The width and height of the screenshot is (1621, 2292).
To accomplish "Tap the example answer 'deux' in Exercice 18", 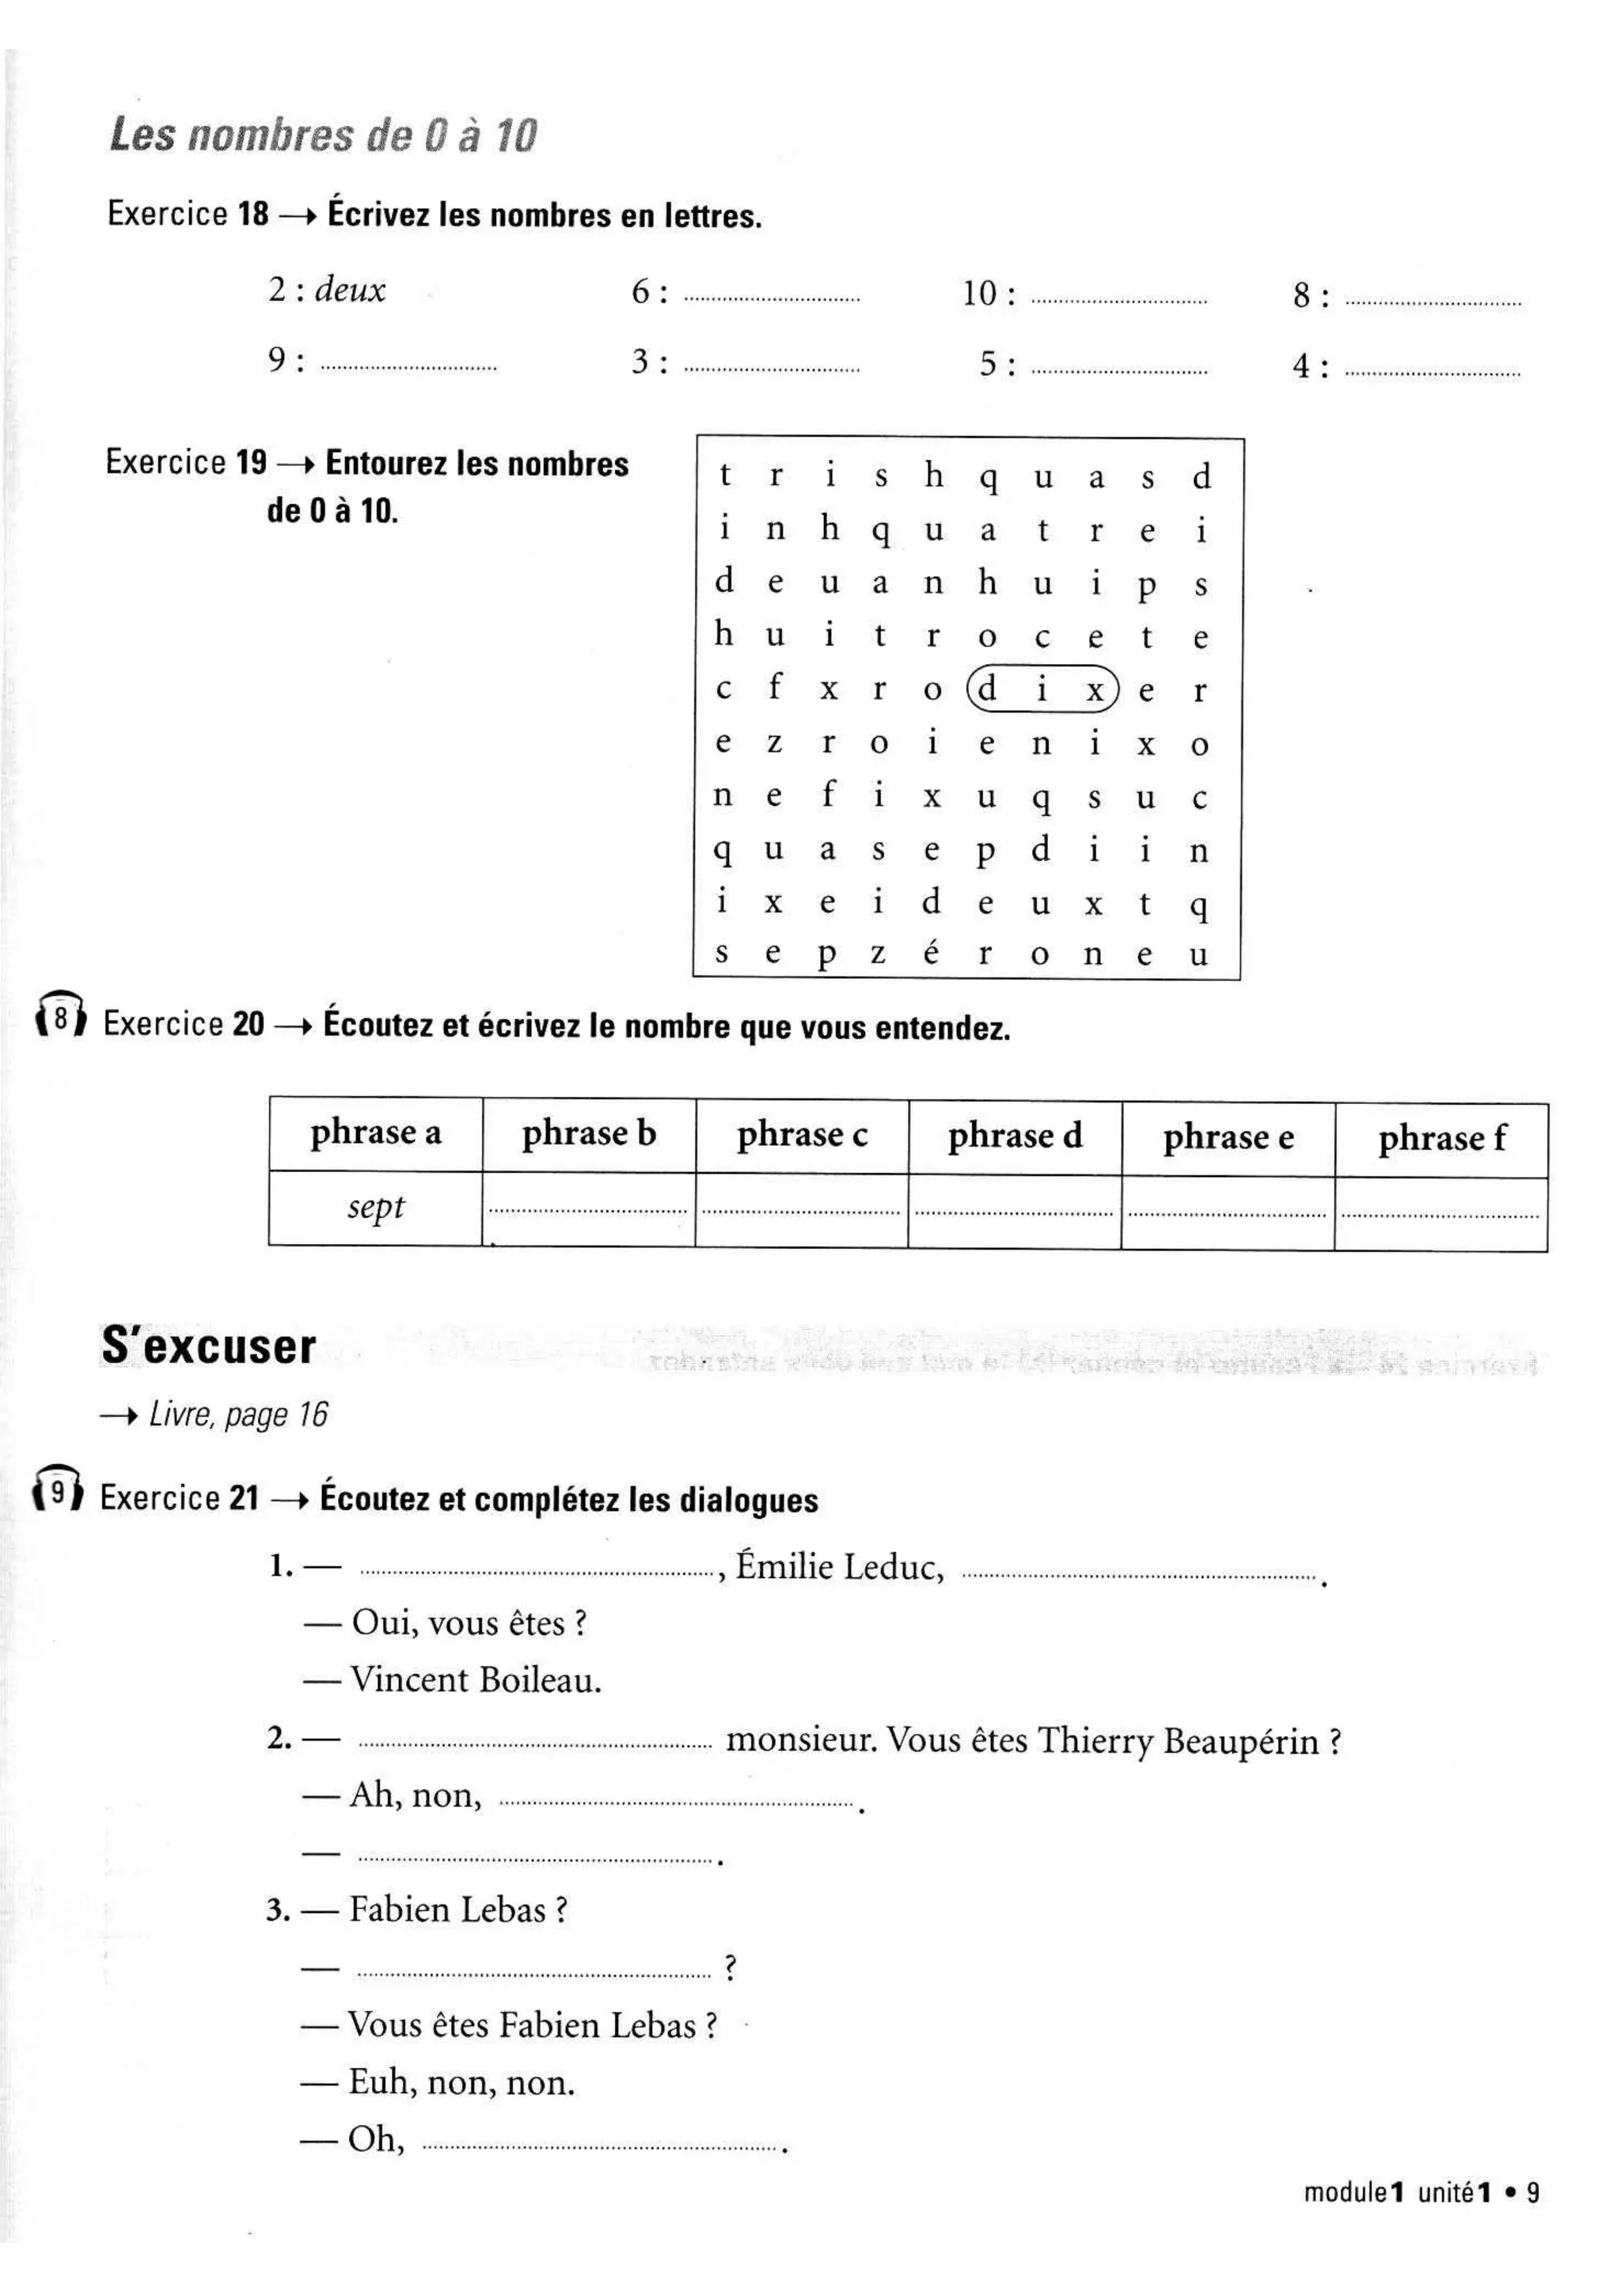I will [349, 290].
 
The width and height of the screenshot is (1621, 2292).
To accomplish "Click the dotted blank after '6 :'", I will [772, 298].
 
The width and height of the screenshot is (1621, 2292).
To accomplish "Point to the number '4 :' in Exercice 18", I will [1310, 366].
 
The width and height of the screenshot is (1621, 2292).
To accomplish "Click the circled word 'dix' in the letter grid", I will [1042, 689].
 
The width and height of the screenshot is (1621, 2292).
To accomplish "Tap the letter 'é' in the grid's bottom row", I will [932, 954].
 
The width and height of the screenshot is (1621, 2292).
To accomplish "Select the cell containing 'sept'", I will [375, 1208].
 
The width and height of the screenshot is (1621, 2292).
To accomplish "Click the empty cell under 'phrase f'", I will [1441, 1214].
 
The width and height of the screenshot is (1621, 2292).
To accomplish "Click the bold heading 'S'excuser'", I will [209, 1347].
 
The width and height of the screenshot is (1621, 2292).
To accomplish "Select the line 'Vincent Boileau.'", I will [475, 1680].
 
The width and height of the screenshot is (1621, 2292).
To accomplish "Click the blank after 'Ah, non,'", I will [676, 1803].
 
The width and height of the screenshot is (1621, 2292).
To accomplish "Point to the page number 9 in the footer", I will [1533, 2193].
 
